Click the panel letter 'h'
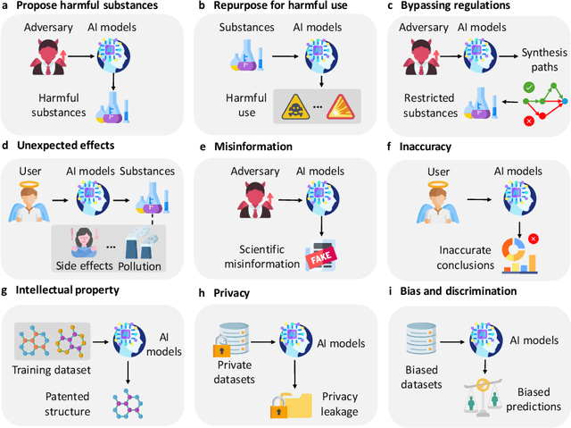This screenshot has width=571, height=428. point(203,291)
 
